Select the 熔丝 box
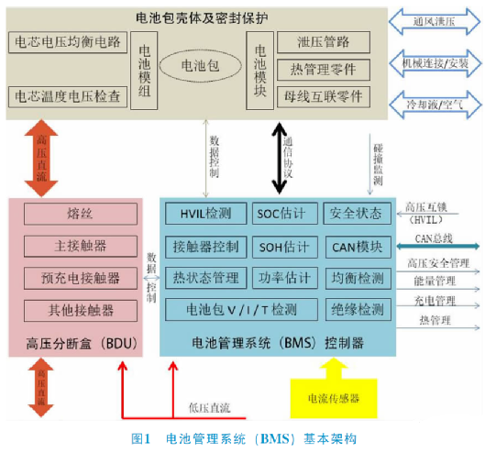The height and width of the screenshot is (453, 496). click(x=81, y=214)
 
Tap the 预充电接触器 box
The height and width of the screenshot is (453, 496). click(x=81, y=277)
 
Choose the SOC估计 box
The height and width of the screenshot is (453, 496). click(x=285, y=214)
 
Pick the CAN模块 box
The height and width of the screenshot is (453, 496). click(x=358, y=246)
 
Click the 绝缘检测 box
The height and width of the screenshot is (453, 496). click(x=358, y=310)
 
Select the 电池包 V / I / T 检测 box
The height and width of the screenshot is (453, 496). click(x=242, y=310)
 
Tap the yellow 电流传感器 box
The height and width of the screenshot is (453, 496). click(x=333, y=399)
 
